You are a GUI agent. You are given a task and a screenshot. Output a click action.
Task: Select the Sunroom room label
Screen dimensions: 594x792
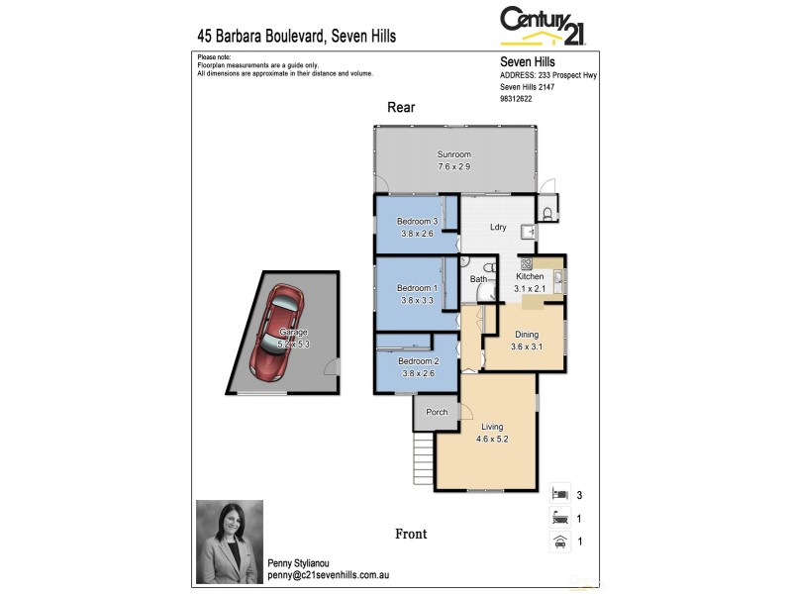click(x=454, y=154)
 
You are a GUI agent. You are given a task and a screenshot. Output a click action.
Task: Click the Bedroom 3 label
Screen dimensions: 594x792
click(x=417, y=221)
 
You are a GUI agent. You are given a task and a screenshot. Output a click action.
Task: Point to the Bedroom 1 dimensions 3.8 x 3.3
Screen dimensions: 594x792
click(x=417, y=301)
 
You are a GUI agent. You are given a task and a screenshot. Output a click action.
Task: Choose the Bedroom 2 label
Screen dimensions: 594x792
click(x=417, y=361)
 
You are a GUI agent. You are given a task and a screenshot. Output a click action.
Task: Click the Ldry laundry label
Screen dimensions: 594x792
click(x=498, y=228)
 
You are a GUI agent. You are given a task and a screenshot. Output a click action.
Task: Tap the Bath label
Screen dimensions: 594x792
click(x=478, y=279)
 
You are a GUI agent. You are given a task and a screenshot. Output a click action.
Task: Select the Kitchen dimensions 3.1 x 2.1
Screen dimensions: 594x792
click(x=530, y=289)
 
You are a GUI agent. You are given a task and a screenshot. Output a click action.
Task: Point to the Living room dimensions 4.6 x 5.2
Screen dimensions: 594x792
click(x=492, y=439)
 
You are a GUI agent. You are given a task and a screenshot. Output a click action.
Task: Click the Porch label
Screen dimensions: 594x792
click(x=436, y=412)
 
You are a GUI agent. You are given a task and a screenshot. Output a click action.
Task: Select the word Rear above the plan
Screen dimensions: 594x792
click(x=401, y=108)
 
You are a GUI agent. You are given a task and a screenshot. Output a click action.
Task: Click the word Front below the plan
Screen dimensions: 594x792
click(x=411, y=534)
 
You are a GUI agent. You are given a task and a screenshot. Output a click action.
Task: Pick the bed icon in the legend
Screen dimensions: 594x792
click(x=559, y=492)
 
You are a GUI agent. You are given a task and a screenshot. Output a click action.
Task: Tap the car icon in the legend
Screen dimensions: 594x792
click(x=559, y=541)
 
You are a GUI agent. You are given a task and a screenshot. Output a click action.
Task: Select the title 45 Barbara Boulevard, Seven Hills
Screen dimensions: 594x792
click(x=297, y=37)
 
